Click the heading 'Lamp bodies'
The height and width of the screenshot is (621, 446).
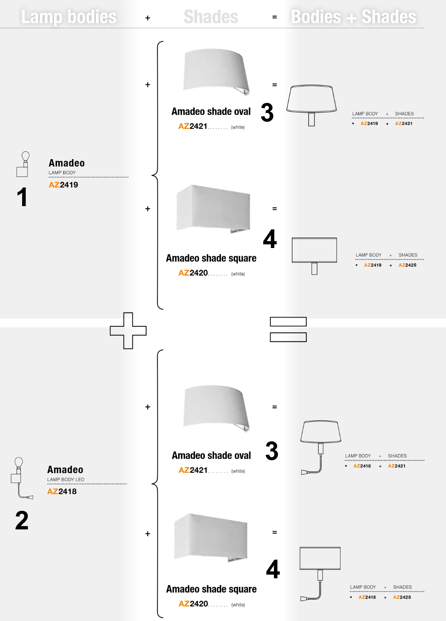[69, 17]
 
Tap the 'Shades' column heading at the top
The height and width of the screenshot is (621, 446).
[211, 17]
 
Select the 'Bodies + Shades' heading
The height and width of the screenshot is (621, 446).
[353, 17]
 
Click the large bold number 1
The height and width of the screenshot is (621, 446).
[22, 197]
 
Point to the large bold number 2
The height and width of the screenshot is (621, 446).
[22, 520]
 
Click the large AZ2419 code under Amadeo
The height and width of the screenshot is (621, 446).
[63, 185]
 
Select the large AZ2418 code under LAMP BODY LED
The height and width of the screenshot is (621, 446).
[62, 491]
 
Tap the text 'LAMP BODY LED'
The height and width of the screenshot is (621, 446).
[66, 480]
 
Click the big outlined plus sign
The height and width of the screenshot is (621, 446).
[128, 331]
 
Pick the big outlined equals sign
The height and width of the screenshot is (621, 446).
[288, 330]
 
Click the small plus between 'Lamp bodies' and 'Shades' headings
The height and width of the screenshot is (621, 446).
[148, 18]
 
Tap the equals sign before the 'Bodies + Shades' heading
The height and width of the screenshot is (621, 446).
[274, 17]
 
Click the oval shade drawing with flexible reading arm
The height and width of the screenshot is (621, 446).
[321, 446]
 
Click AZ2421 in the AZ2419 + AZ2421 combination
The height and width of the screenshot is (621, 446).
[404, 123]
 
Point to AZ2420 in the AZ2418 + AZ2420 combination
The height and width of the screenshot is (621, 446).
[402, 597]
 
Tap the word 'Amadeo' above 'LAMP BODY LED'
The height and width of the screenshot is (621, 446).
[65, 470]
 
